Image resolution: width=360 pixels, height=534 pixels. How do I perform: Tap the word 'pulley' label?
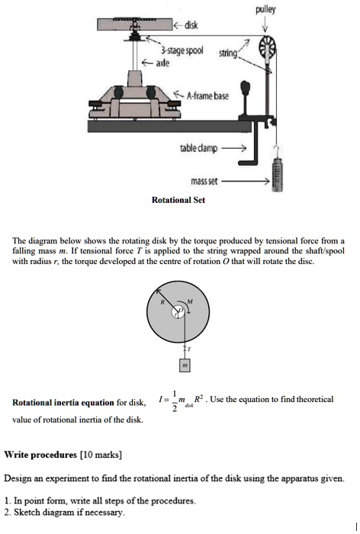265,10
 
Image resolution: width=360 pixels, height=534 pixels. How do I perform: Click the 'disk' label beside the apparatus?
191,24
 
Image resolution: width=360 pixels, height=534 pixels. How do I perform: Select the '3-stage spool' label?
182,50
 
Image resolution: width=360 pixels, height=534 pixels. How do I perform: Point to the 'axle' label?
162,63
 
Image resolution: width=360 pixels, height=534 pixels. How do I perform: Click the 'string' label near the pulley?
228,53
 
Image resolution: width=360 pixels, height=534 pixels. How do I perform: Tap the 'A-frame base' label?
207,95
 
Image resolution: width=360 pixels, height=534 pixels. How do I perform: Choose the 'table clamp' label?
198,148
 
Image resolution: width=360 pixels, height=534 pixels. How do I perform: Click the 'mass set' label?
204,181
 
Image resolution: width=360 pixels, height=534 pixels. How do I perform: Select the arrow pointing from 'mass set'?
246,182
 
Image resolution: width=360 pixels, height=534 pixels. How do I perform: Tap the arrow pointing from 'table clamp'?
233,148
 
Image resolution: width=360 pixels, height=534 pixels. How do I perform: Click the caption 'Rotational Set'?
178,200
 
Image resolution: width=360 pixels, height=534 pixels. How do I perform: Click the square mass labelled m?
185,365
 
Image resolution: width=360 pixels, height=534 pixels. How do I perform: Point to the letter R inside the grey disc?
162,302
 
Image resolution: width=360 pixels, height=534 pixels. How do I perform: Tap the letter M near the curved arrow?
190,301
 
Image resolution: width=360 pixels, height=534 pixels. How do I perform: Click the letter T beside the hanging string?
189,349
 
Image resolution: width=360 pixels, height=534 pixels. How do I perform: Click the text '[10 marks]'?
101,455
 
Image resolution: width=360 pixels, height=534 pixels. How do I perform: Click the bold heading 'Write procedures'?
40,455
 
